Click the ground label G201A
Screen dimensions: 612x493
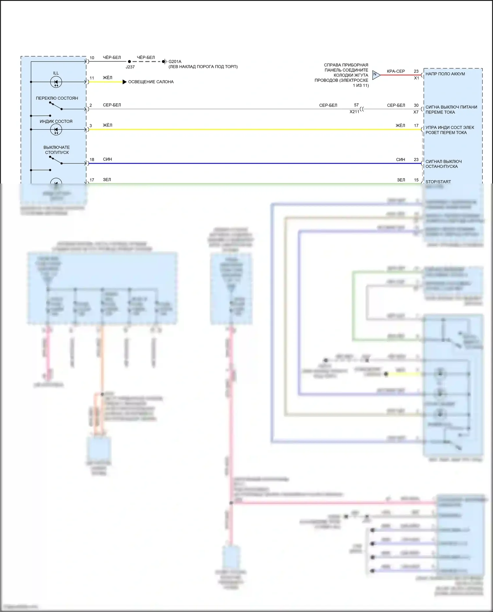(x=175, y=61)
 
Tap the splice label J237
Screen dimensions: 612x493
(x=130, y=67)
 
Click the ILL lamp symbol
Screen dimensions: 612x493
(x=56, y=82)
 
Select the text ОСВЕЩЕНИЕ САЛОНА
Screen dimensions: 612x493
(x=151, y=82)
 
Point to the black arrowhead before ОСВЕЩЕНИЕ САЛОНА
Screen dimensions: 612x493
(x=125, y=82)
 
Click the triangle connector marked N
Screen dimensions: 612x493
(x=376, y=75)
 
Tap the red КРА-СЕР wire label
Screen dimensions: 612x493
(x=396, y=71)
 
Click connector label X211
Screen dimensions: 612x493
(x=354, y=112)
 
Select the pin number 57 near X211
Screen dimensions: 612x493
(x=356, y=105)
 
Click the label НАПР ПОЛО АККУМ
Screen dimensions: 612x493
(x=445, y=74)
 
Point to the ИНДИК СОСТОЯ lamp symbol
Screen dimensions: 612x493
(x=56, y=130)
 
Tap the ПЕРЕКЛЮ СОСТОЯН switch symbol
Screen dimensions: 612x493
(x=56, y=106)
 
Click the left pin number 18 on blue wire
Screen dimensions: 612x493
(x=92, y=159)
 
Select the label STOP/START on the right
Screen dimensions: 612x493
(x=438, y=182)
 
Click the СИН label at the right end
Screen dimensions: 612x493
(x=400, y=159)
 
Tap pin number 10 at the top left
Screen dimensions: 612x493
(x=92, y=58)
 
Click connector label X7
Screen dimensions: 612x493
(x=416, y=112)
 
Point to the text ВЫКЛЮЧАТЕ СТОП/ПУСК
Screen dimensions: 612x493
(x=57, y=150)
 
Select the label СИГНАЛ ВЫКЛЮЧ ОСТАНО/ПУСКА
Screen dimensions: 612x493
(x=443, y=164)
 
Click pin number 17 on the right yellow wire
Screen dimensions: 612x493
(x=416, y=126)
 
